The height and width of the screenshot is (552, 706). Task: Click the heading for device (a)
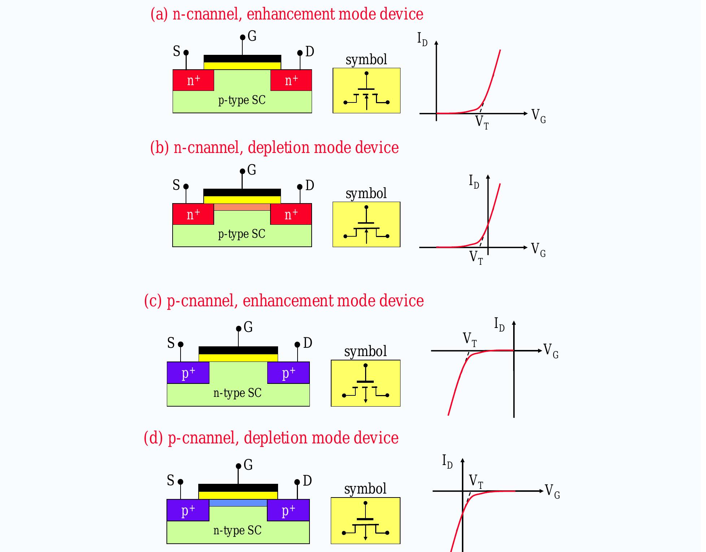click(x=287, y=14)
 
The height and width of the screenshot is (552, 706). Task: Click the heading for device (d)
click(x=271, y=438)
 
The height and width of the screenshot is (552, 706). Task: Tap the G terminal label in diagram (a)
click(x=252, y=36)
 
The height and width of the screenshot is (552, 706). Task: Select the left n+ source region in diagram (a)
click(x=193, y=80)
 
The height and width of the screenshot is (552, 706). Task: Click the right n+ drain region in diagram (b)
click(x=291, y=214)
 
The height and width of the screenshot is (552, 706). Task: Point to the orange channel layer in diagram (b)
click(x=242, y=207)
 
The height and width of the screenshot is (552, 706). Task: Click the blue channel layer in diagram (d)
click(x=238, y=503)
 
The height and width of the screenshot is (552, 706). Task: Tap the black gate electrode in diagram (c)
click(x=238, y=350)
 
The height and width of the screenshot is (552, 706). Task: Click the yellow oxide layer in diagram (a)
click(x=242, y=66)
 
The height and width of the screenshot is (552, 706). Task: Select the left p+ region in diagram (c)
click(x=188, y=373)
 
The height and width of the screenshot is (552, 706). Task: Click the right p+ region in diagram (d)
click(x=288, y=511)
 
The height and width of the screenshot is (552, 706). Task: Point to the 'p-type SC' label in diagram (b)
click(x=242, y=234)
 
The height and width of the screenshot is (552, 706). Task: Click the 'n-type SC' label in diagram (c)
click(x=237, y=393)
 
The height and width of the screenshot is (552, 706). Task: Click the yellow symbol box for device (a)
click(x=366, y=91)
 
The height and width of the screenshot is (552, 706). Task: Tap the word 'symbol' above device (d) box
click(x=365, y=489)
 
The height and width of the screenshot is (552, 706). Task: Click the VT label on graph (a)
click(x=482, y=122)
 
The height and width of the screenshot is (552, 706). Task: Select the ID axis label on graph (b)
click(x=474, y=181)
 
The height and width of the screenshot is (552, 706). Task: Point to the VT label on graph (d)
click(x=476, y=482)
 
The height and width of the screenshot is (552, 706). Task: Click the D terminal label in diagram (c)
click(x=308, y=343)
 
